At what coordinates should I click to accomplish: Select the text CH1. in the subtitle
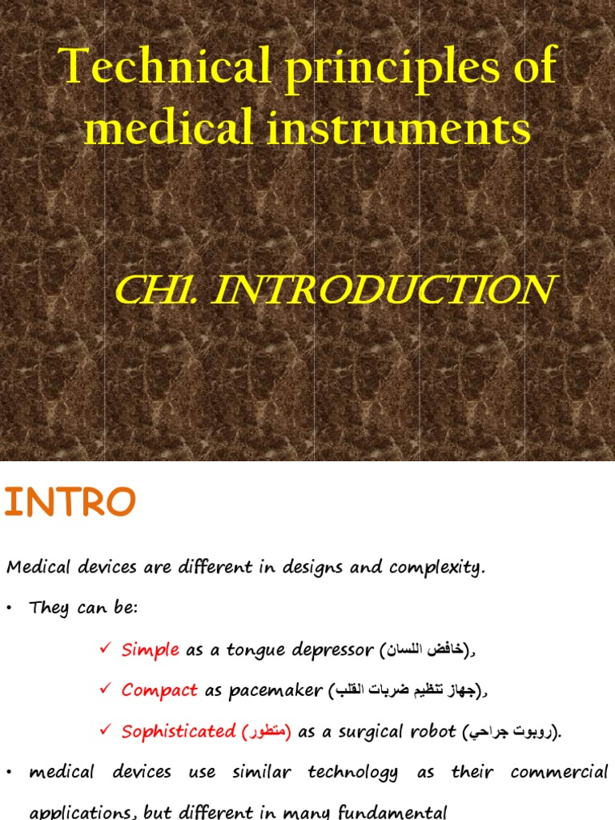156,290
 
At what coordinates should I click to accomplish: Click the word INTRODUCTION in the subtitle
382,290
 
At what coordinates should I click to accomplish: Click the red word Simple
150,650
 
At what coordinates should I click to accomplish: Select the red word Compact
159,689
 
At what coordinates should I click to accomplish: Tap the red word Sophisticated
179,730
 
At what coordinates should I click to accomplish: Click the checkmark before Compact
104,689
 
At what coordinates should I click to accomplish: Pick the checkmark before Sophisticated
104,730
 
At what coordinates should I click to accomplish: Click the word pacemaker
275,690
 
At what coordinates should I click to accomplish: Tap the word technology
352,773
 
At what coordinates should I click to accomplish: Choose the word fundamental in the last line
394,812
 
